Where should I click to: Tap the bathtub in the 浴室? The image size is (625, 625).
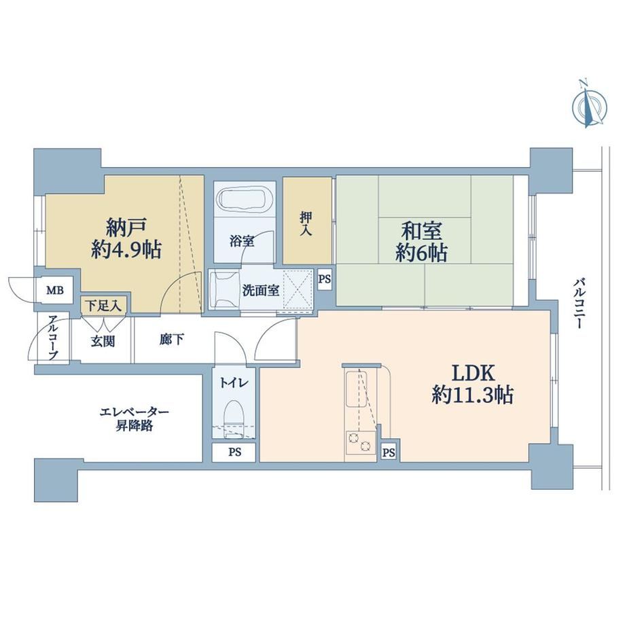pyautogui.click(x=245, y=199)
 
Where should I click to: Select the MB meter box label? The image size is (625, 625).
pyautogui.click(x=55, y=290)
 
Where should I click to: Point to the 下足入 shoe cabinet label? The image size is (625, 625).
pyautogui.click(x=104, y=306)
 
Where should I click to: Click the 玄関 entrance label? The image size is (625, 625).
pyautogui.click(x=103, y=341)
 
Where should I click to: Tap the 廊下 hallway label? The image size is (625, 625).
pyautogui.click(x=172, y=339)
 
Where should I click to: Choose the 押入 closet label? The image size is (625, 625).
pyautogui.click(x=306, y=224)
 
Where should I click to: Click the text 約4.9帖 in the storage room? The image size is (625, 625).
pyautogui.click(x=126, y=250)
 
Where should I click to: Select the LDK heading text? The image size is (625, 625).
pyautogui.click(x=473, y=374)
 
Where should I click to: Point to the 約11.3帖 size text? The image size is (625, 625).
pyautogui.click(x=473, y=395)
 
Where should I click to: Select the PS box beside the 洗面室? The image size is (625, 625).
pyautogui.click(x=325, y=279)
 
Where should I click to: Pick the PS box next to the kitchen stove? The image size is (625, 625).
pyautogui.click(x=389, y=452)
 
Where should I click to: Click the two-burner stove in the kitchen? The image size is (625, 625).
pyautogui.click(x=360, y=442)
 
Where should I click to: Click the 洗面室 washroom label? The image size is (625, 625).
pyautogui.click(x=261, y=290)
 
